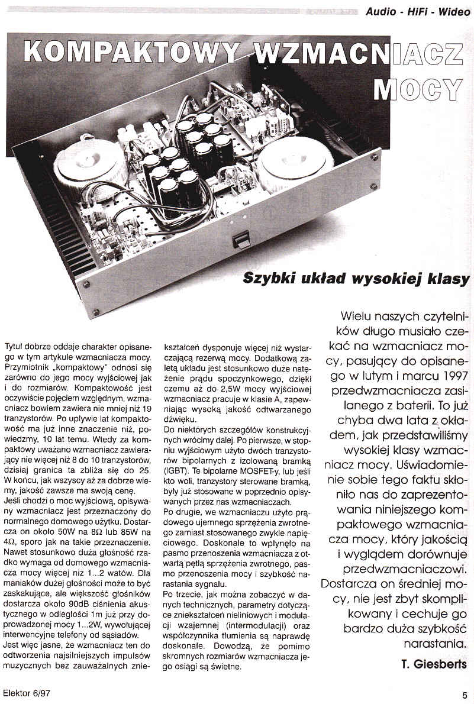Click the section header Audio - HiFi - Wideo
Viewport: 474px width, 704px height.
pos(417,11)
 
